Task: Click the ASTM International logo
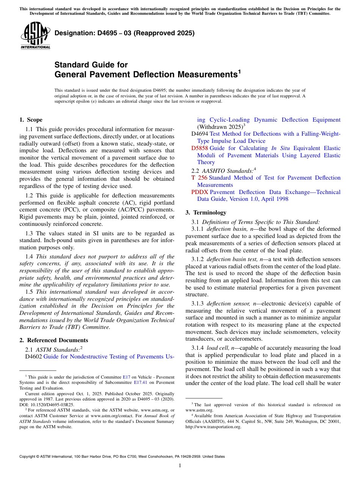coord(35,36)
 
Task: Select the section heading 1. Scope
coord(31,120)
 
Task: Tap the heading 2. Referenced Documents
coord(54,340)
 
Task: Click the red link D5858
coord(200,148)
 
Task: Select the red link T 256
coord(199,178)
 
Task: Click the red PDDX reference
coord(200,192)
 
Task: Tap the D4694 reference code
coord(200,134)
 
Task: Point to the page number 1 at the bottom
coord(180,465)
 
